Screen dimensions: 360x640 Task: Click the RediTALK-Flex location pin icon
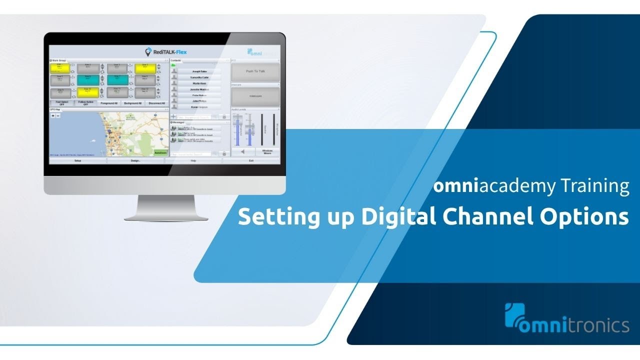coord(148,52)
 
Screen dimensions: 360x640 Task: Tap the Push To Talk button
coord(255,71)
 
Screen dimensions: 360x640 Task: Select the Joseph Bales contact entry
coord(199,71)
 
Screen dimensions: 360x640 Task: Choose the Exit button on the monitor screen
coord(251,160)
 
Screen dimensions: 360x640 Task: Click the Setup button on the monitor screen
coord(77,160)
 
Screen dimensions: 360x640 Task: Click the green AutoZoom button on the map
coord(160,152)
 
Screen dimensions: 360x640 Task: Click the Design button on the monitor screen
coord(135,160)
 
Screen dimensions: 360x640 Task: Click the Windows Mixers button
coord(267,151)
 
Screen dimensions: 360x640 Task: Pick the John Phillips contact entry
coord(199,101)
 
